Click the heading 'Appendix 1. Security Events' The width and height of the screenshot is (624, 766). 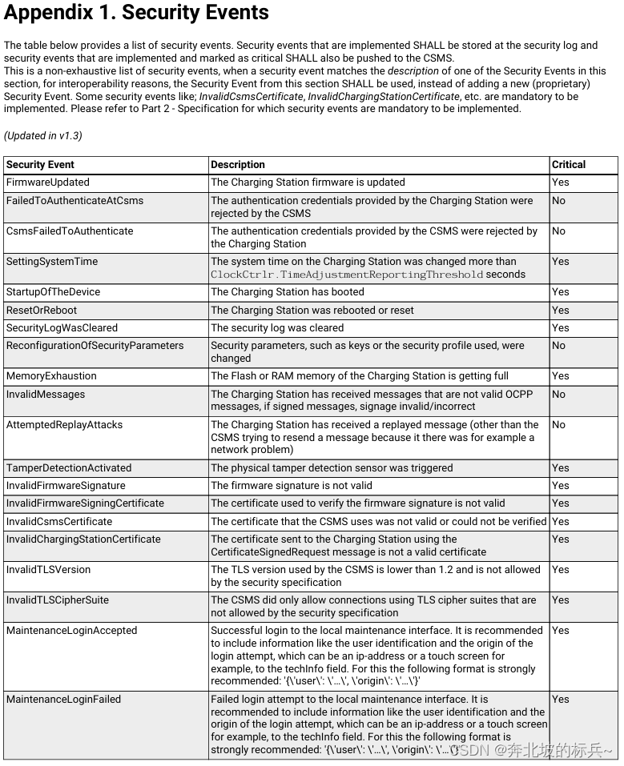[136, 14]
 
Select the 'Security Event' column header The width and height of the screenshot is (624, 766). [40, 165]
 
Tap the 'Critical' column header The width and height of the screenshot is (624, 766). [569, 165]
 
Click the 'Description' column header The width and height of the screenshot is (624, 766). [238, 165]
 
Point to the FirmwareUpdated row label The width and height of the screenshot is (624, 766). [48, 182]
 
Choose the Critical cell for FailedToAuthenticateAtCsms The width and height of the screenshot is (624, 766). [558, 201]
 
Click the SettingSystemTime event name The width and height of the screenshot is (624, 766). [52, 262]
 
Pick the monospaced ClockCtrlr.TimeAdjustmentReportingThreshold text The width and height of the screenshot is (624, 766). [347, 275]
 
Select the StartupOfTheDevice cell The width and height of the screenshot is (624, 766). [53, 292]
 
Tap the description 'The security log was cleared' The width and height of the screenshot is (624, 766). [277, 328]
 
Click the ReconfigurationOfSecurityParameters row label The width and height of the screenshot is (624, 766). [95, 346]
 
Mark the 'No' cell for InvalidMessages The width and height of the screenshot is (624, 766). [558, 395]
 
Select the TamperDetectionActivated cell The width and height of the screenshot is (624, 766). [69, 468]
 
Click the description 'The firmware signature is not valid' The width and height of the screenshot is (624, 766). [292, 486]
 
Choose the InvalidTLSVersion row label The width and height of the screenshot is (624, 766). [48, 570]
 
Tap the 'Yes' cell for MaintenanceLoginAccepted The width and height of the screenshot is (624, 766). [561, 631]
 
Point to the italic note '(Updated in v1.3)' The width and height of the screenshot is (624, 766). [42, 136]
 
